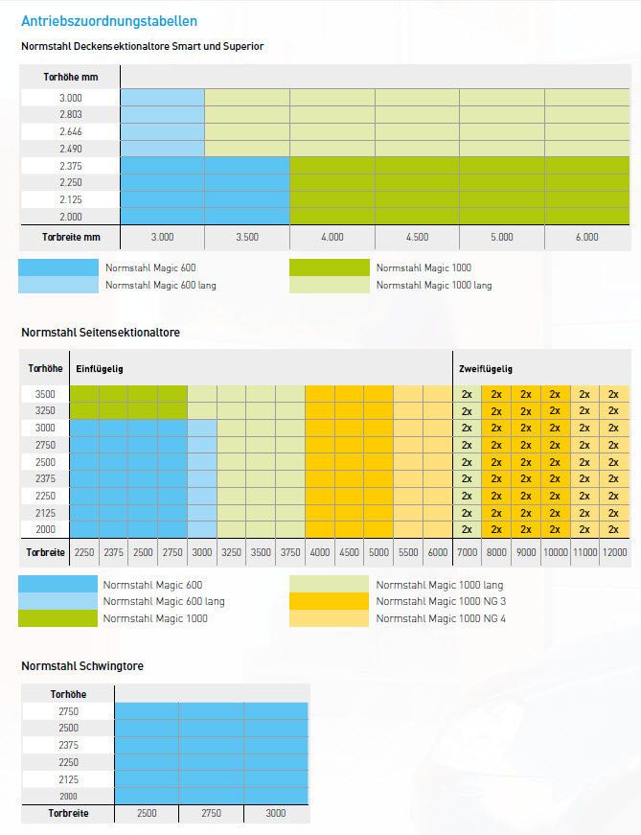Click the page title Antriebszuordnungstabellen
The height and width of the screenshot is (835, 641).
pos(109,20)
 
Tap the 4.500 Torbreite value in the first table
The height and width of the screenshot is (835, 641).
pos(417,237)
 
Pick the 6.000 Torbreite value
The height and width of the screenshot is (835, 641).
pos(587,237)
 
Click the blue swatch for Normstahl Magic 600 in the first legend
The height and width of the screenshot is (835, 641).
pos(58,267)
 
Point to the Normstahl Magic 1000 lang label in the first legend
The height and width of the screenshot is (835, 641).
pos(433,285)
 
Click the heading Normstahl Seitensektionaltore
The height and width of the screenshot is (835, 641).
pos(101,332)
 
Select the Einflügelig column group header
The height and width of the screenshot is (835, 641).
pos(100,368)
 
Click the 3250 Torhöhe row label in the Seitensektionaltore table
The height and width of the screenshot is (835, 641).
pos(46,410)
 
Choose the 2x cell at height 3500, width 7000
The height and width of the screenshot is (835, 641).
pos(467,394)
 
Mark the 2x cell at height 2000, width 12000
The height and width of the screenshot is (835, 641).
pos(613,529)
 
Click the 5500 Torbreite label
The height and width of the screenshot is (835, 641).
pos(407,552)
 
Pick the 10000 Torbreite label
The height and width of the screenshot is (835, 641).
pos(555,552)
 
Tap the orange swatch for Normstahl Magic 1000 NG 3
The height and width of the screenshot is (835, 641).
pos(329,601)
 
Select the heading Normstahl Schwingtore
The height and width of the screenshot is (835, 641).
pos(82,665)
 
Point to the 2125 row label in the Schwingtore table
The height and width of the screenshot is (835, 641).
pos(67,779)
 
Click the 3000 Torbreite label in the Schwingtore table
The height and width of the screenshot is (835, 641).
pos(276,813)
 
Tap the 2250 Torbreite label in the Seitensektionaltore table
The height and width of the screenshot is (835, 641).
pos(83,552)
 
